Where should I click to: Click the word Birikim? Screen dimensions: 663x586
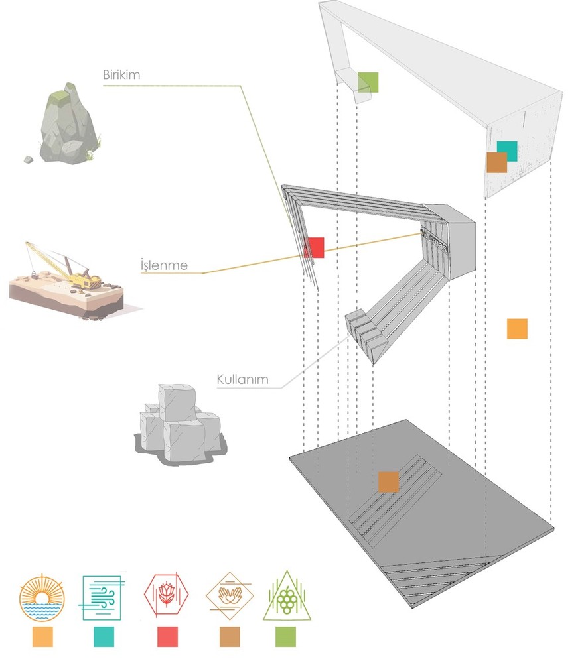click(x=121, y=74)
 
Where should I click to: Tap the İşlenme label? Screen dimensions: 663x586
click(x=163, y=266)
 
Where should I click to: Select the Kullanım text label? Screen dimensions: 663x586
click(x=242, y=380)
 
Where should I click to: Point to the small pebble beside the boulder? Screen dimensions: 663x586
click(x=28, y=159)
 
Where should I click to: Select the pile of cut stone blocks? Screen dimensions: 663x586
click(x=179, y=423)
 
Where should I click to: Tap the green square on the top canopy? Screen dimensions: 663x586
click(x=368, y=82)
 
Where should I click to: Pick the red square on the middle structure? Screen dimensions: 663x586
click(x=314, y=247)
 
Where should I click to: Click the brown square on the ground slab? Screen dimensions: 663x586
click(x=388, y=482)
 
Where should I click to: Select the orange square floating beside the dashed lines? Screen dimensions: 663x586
click(x=517, y=329)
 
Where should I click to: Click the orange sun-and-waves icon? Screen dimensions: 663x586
click(x=42, y=597)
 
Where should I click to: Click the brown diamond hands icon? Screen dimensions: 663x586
click(x=230, y=595)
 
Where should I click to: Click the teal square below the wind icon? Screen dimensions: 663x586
click(x=104, y=637)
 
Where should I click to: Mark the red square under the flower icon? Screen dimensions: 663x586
click(x=167, y=637)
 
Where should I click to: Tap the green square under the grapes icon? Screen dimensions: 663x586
click(x=285, y=637)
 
